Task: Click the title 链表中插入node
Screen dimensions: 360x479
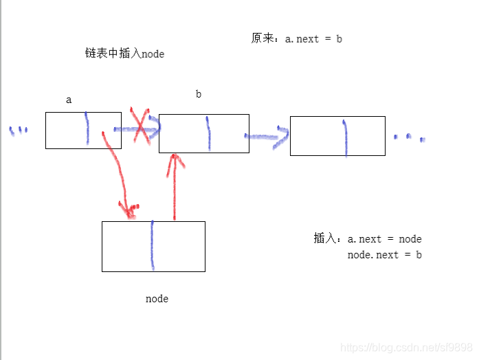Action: point(124,54)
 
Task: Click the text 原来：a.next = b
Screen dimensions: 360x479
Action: point(297,38)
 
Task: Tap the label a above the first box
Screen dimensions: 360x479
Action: point(69,100)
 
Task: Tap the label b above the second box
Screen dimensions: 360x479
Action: point(199,94)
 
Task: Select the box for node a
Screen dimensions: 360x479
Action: point(65,131)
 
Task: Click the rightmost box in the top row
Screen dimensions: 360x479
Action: point(316,136)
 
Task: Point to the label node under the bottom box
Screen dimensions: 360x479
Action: point(157,299)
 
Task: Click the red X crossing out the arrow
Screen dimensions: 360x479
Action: point(142,126)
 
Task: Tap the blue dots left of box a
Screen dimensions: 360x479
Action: point(19,131)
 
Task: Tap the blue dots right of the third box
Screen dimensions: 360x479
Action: point(410,137)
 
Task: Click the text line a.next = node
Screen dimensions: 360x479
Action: point(384,239)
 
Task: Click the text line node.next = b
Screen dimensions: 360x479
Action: point(384,255)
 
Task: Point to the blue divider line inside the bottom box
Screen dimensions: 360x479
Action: point(152,246)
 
